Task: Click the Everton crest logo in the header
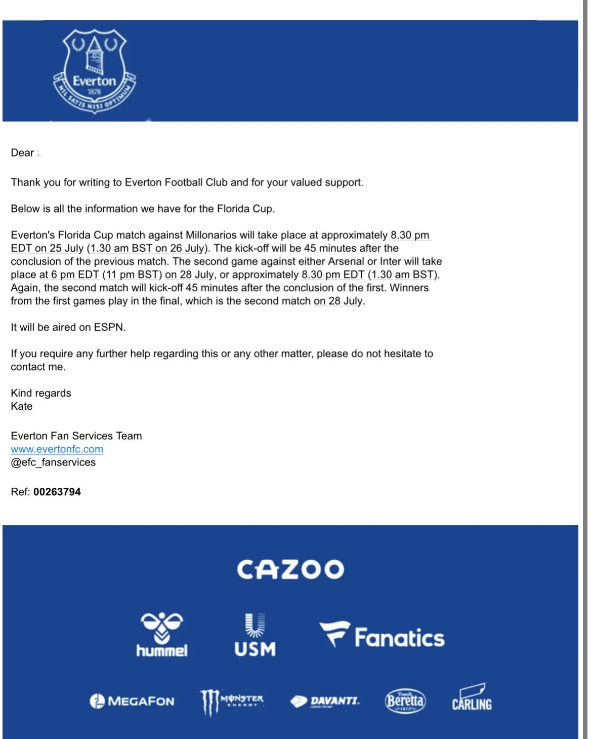coord(95,70)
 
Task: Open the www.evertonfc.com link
coord(57,449)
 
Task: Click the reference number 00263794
coord(57,492)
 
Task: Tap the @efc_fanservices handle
coord(53,462)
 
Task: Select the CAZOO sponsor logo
coord(290,570)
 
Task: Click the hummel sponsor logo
coord(162,635)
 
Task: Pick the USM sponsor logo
coord(255,635)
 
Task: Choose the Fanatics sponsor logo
coord(383,636)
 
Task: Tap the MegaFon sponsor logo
coord(132,702)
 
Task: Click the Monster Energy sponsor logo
coord(232,702)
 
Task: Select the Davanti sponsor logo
coord(325,702)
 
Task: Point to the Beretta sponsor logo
coord(405,701)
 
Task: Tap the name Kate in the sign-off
coord(22,407)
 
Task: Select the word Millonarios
coord(211,236)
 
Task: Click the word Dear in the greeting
coord(22,153)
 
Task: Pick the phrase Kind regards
coord(41,394)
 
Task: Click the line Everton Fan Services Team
coord(76,436)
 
